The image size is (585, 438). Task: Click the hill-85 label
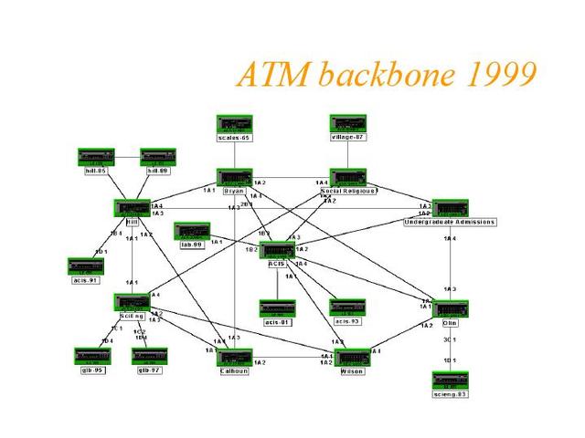[95, 171]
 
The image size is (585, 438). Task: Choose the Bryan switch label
[234, 190]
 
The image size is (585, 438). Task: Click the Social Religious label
[348, 190]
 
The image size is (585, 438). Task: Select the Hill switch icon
[132, 208]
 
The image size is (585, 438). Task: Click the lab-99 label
[191, 244]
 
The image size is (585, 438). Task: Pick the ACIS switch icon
[276, 249]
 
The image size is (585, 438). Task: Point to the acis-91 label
[87, 279]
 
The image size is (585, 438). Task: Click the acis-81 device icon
[276, 308]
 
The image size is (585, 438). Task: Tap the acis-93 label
[347, 321]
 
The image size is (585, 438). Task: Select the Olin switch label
[451, 322]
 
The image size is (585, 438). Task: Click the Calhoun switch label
[234, 371]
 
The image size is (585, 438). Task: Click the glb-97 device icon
[149, 354]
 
